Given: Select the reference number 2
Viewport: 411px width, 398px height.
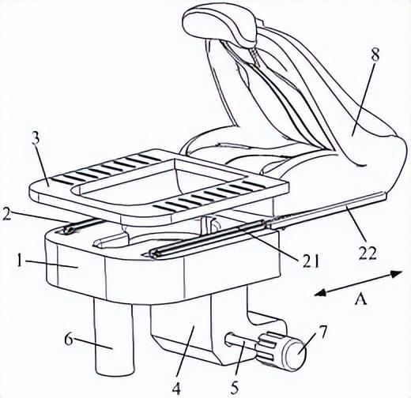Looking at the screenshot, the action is click(6, 214).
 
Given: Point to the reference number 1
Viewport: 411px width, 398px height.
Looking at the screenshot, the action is click(19, 261).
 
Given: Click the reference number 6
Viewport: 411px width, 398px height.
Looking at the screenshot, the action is click(69, 340).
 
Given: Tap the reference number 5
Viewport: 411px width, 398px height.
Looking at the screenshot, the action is click(234, 388).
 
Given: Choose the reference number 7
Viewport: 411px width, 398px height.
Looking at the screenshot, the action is click(322, 332).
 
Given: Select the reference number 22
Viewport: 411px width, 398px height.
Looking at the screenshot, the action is click(368, 253).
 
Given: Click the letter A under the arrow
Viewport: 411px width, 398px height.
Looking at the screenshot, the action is click(360, 299).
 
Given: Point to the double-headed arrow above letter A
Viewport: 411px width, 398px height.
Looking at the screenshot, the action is click(359, 283).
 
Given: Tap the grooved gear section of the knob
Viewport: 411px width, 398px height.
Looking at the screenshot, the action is click(270, 347).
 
